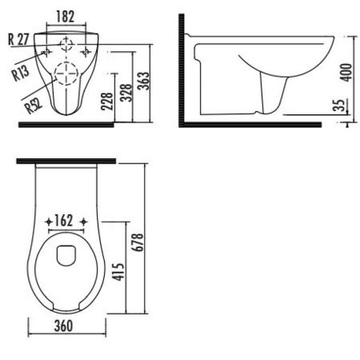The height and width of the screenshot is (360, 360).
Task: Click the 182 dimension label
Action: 66,17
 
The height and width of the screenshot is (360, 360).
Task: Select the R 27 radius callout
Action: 18,39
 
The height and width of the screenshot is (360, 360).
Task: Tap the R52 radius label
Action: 34,106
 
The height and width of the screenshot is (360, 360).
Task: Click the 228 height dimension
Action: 107,102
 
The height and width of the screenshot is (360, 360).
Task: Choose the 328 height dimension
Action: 126,93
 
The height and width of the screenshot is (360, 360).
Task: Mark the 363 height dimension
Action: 143,81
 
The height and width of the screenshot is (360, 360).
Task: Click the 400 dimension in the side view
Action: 346,72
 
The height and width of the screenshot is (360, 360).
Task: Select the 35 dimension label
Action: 340,106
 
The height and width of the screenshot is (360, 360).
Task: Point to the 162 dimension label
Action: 64,221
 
